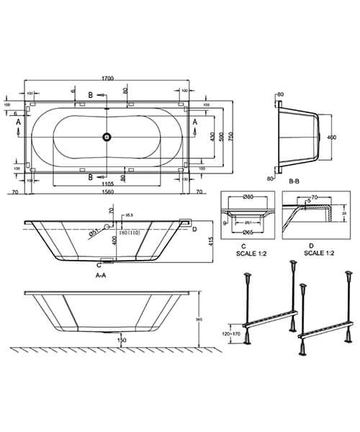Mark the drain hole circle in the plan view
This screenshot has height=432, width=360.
[x=107, y=135]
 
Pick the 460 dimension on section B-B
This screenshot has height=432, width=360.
[x=333, y=135]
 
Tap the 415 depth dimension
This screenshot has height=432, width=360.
[x=210, y=243]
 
